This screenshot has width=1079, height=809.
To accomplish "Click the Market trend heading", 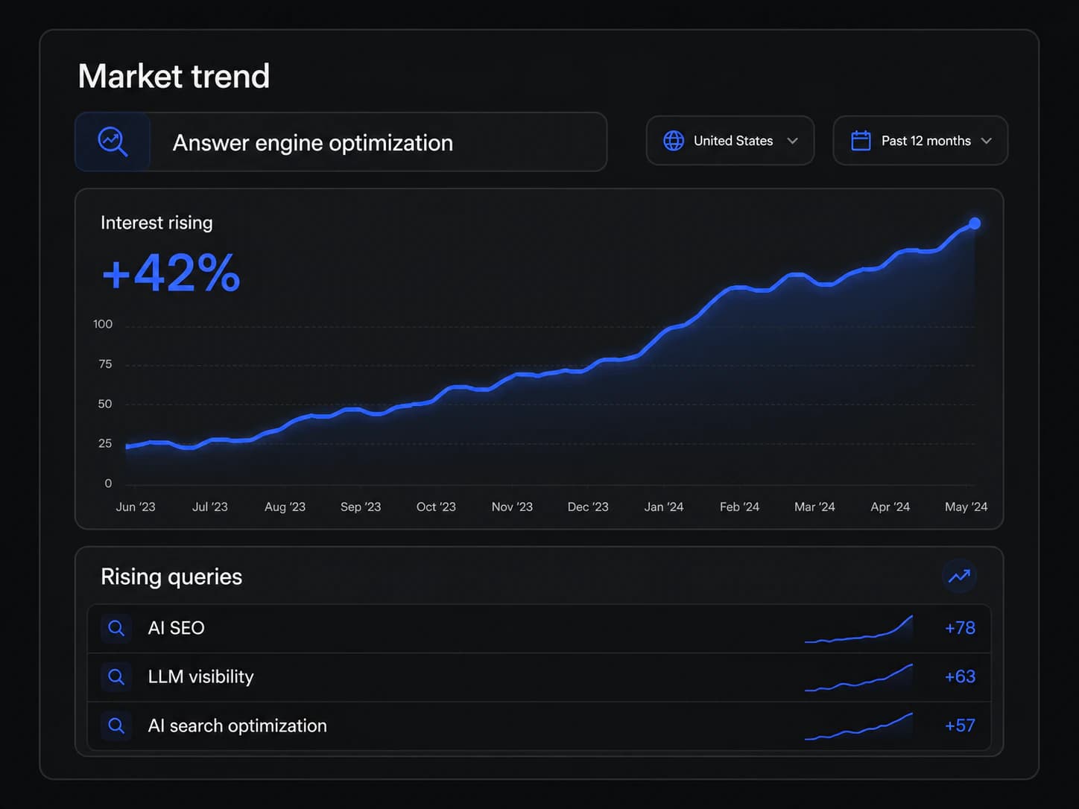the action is click(174, 76).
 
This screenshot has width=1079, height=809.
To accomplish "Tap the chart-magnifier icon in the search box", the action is click(113, 142).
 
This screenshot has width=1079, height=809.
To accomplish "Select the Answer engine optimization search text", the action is click(313, 143).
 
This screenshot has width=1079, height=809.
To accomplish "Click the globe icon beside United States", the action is click(674, 141).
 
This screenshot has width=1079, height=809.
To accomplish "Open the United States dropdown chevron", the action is click(792, 141).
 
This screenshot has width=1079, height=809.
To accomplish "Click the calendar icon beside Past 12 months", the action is click(861, 141).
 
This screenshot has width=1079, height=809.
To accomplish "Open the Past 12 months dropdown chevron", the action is click(986, 141).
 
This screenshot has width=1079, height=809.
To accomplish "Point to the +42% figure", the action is click(171, 273).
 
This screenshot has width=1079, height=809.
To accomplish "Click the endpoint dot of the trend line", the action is click(974, 223).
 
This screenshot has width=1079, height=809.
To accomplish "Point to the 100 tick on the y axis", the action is click(103, 324).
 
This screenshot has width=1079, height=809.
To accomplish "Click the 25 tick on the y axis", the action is click(105, 443).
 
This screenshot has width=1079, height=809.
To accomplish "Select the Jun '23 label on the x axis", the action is click(135, 507).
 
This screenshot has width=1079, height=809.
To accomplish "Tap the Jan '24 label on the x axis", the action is click(664, 507).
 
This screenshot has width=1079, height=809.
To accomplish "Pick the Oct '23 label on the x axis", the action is click(436, 507).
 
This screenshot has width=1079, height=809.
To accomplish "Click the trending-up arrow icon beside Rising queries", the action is click(959, 576).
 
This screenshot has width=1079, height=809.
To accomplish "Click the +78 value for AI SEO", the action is click(960, 628).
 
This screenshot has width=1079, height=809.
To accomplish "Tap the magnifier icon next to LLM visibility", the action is click(116, 677).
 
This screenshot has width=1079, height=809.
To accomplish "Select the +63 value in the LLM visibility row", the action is click(960, 677).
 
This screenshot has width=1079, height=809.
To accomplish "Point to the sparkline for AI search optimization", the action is click(858, 727).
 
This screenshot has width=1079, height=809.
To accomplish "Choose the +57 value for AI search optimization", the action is click(960, 726).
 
